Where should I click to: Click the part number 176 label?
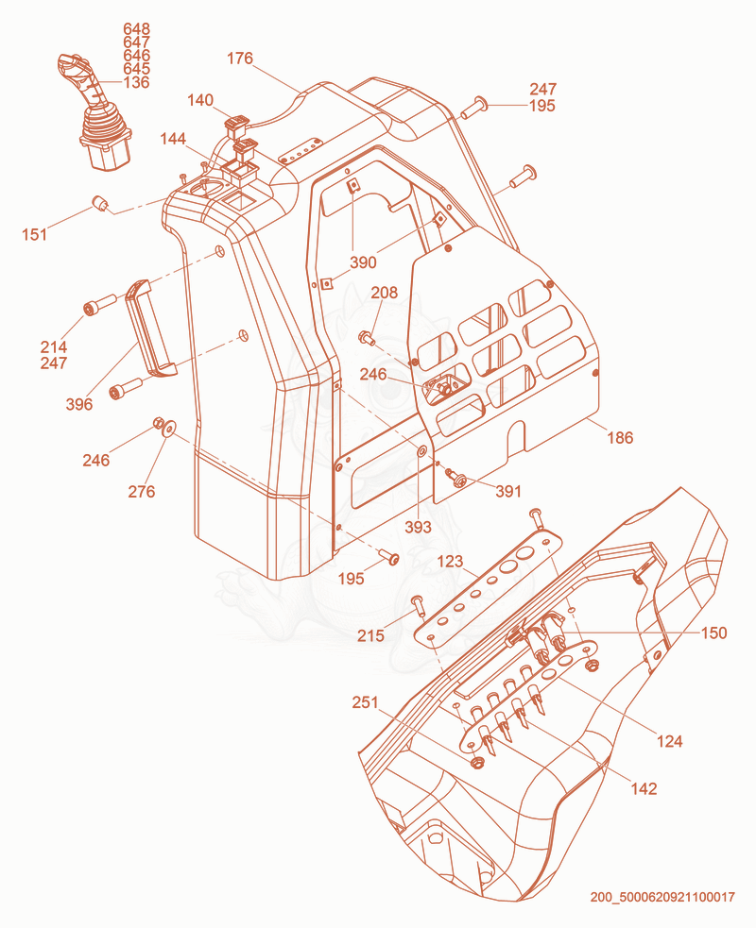coord(240,58)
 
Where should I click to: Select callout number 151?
coord(34,234)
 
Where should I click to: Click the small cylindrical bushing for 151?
coord(99,204)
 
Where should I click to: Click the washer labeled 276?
coord(169,428)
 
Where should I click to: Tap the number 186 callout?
coord(620,437)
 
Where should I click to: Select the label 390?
coord(363,262)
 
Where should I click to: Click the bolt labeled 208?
coord(367,339)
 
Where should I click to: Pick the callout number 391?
coord(508,491)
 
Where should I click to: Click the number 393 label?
coord(418,527)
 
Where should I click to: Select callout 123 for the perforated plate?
coord(450,561)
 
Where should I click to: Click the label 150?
coord(713,633)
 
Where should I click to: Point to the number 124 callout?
coord(669,741)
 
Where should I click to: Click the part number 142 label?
coord(644,788)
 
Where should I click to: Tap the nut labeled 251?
coord(475,762)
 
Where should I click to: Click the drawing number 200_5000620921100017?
coord(662,897)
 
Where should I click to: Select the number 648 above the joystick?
coord(136,29)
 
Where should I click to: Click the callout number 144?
coord(173,139)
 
